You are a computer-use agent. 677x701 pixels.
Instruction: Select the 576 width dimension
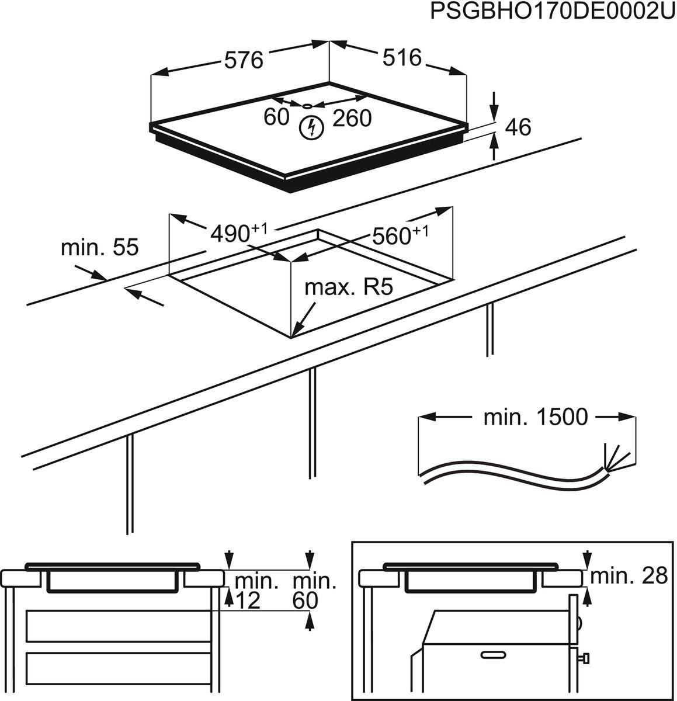tap(244, 60)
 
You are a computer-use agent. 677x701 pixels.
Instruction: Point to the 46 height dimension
tap(517, 127)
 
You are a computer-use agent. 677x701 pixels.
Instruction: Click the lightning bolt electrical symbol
tap(311, 128)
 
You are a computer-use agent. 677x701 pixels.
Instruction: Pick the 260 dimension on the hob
tap(352, 119)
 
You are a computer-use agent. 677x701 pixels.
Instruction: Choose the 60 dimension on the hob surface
tap(276, 117)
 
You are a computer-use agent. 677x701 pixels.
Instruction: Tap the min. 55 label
tap(100, 248)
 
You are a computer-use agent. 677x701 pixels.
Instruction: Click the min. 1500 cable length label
tap(535, 417)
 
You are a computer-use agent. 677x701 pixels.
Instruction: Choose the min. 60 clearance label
tap(314, 590)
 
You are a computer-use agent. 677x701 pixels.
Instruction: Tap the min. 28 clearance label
tap(629, 576)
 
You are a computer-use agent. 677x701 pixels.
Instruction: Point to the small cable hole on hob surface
tap(308, 106)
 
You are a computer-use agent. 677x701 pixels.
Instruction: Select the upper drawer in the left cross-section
tap(119, 626)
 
